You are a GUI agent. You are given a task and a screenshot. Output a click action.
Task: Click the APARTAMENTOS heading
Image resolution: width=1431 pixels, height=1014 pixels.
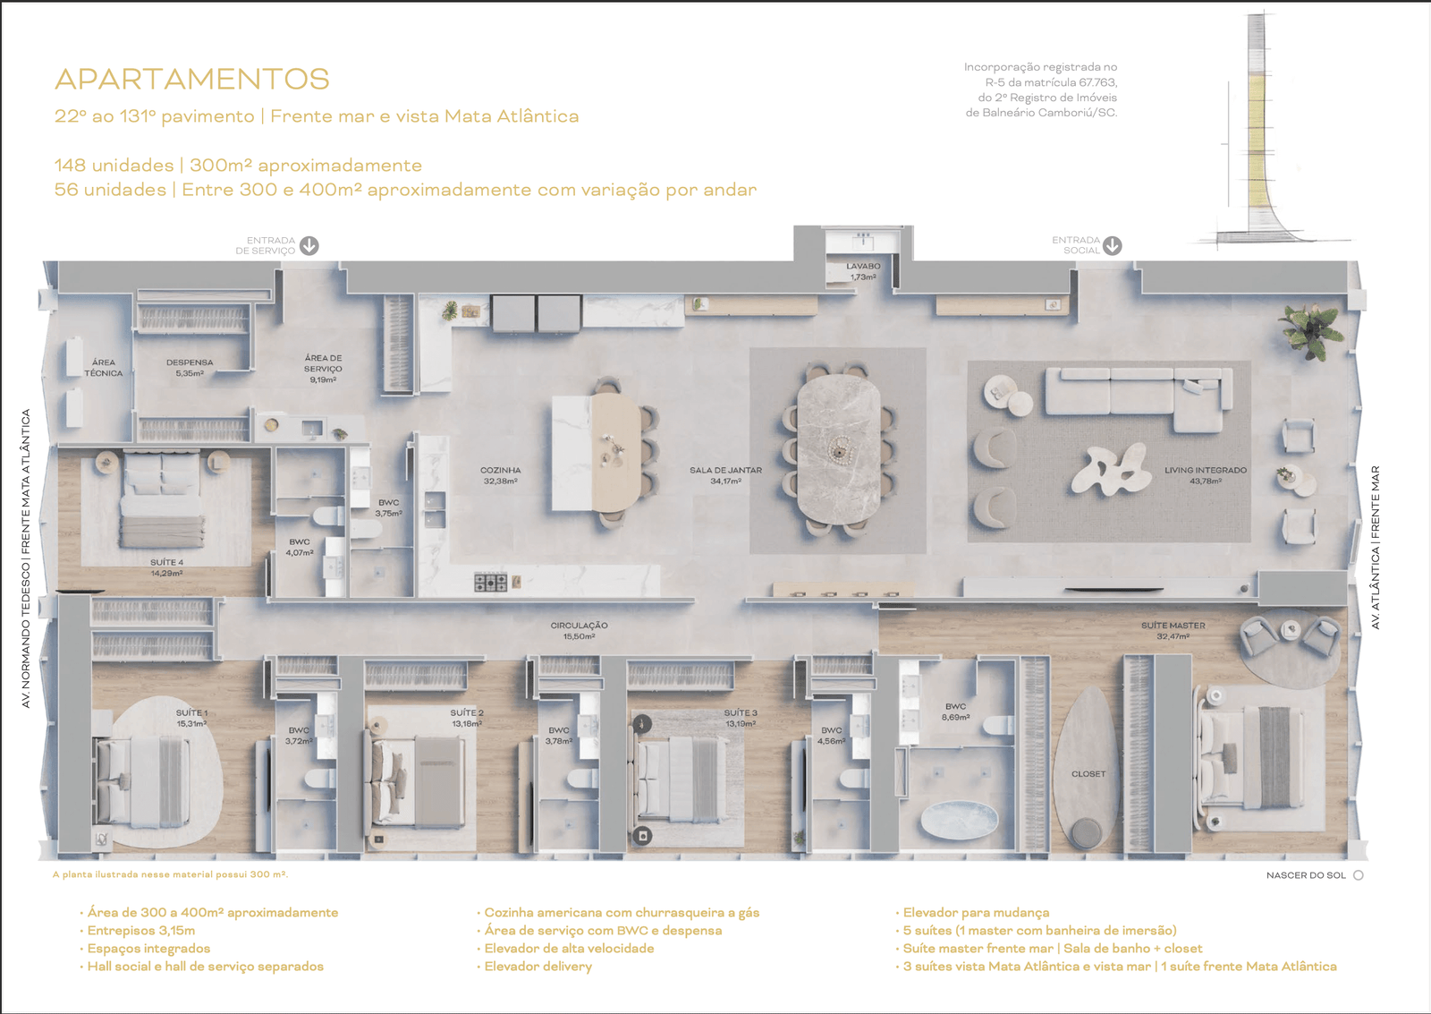(192, 80)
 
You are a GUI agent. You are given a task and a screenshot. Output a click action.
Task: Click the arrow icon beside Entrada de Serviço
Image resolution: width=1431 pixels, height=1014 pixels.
(309, 245)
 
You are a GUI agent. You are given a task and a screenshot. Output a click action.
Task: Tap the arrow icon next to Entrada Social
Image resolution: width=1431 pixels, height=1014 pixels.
(1113, 245)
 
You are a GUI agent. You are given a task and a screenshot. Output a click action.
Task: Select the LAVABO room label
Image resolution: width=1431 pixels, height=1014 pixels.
(863, 271)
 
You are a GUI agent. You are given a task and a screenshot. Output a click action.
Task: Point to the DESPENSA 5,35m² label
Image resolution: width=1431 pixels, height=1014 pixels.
(190, 368)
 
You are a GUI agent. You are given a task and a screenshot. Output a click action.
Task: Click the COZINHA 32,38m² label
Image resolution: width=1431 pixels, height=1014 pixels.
(500, 475)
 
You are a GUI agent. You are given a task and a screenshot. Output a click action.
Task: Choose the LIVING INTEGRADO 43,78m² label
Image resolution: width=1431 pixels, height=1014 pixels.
(1205, 475)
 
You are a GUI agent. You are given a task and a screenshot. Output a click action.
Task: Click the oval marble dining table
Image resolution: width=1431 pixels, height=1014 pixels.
(838, 447)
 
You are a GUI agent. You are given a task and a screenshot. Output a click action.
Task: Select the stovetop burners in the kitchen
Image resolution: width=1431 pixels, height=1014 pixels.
(490, 583)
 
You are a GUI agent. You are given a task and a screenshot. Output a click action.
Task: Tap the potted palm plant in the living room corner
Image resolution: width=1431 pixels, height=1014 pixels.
(1309, 326)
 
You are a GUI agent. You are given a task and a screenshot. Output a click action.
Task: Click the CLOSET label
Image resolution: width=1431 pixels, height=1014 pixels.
(1088, 774)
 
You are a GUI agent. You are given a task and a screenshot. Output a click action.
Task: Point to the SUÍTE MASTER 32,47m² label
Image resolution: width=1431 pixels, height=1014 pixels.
(1173, 631)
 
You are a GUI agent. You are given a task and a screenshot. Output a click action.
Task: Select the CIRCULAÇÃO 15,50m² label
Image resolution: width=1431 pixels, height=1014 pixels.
(579, 631)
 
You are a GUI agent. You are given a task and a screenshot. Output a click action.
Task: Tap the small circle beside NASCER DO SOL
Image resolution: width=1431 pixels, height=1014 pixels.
(1359, 875)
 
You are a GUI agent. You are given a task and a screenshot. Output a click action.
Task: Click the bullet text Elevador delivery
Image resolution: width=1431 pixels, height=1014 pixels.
(538, 967)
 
